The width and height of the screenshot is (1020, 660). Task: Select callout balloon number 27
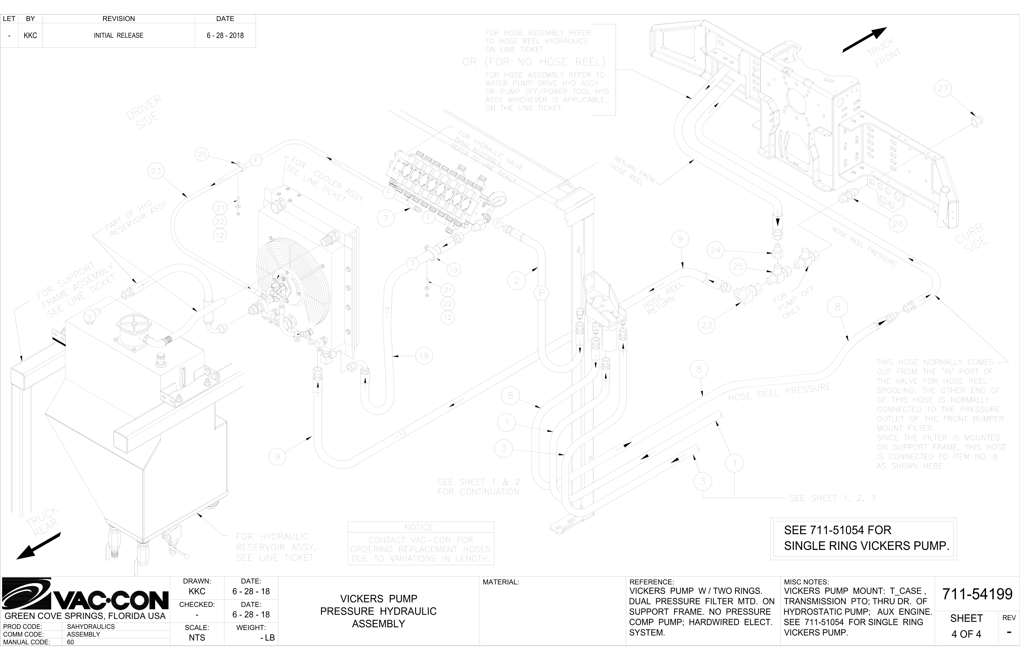pyautogui.click(x=943, y=89)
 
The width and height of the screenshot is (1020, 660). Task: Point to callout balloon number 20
pyautogui.click(x=202, y=154)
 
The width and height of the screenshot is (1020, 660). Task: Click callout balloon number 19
pyautogui.click(x=453, y=270)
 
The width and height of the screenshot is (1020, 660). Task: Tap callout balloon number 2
pyautogui.click(x=516, y=281)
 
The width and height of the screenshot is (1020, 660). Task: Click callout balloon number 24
pyautogui.click(x=715, y=250)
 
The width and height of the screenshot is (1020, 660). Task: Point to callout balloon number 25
pyautogui.click(x=738, y=267)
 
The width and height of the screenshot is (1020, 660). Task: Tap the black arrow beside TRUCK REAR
pyautogui.click(x=39, y=546)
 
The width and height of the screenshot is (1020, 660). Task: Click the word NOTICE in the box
pyautogui.click(x=419, y=527)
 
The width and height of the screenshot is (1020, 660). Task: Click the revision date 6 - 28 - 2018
pyautogui.click(x=225, y=36)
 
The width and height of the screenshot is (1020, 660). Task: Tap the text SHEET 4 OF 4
pyautogui.click(x=966, y=626)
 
